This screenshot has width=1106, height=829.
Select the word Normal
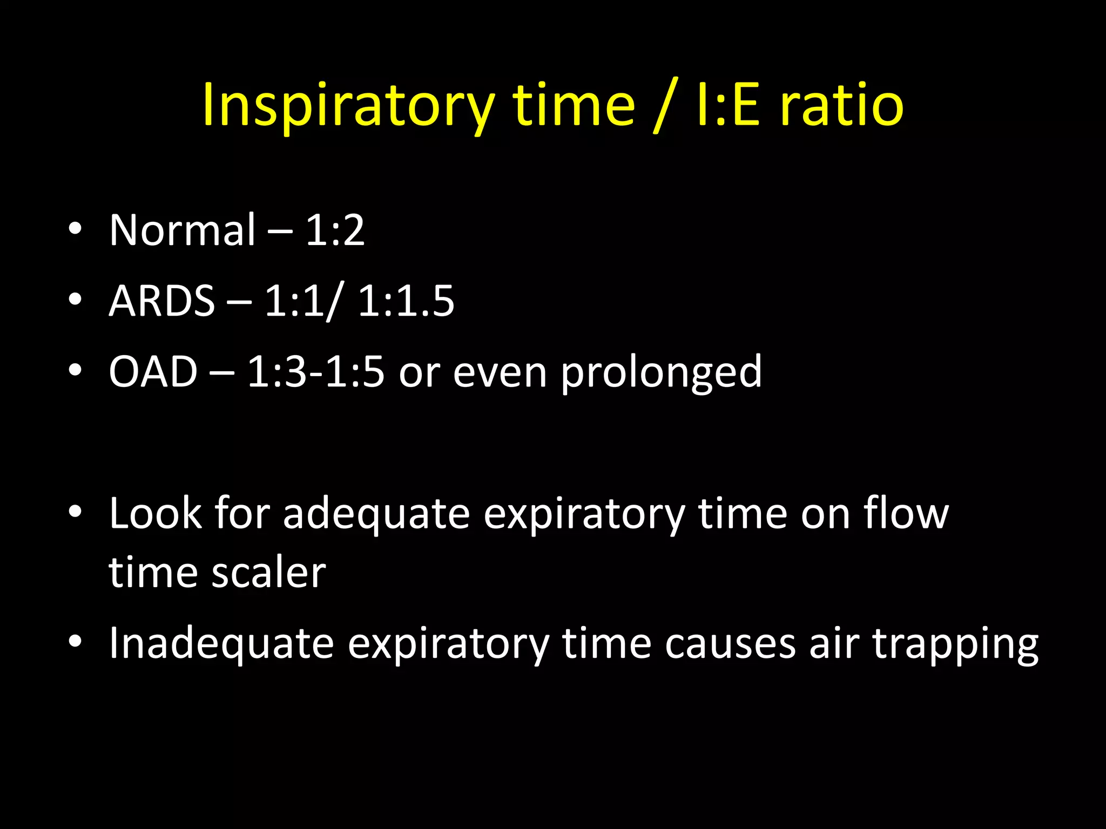pyautogui.click(x=183, y=230)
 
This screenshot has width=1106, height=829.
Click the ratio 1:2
pyautogui.click(x=335, y=230)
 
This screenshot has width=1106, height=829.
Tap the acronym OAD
pyautogui.click(x=153, y=372)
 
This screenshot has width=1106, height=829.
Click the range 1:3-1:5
pyautogui.click(x=315, y=372)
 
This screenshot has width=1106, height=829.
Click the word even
pyautogui.click(x=500, y=372)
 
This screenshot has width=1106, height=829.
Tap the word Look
pyautogui.click(x=155, y=513)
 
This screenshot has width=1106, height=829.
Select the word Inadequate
pyautogui.click(x=221, y=644)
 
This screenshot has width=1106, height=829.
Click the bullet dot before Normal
pyautogui.click(x=75, y=229)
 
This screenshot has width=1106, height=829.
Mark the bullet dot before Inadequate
pyautogui.click(x=75, y=642)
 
